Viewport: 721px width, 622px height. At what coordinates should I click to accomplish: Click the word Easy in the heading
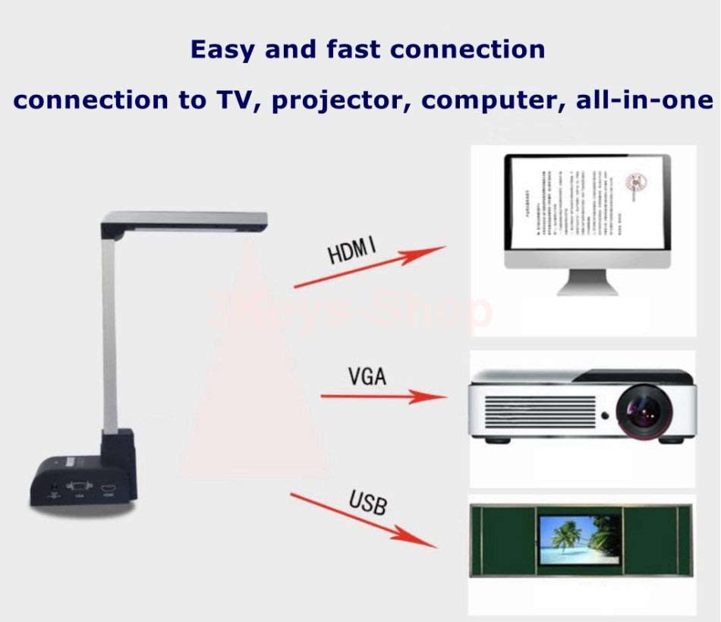[x=222, y=50]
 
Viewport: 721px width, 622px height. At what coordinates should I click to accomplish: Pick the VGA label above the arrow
[x=368, y=377]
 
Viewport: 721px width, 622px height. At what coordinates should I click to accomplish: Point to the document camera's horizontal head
[x=184, y=222]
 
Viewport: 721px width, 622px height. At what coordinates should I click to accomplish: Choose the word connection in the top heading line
[x=468, y=50]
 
